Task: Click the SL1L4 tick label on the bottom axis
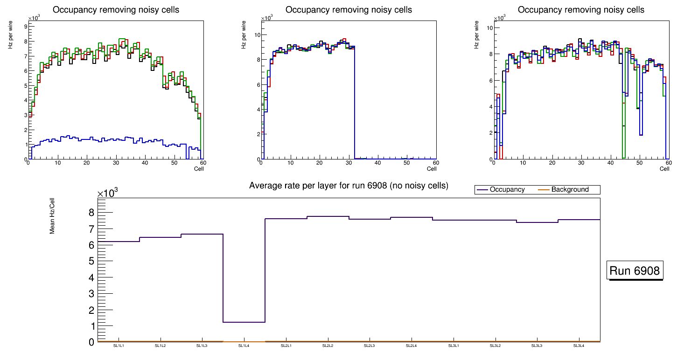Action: (x=244, y=346)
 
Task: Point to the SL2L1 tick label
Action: (x=286, y=346)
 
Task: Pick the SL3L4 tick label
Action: (x=579, y=346)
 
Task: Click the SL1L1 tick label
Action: (x=119, y=346)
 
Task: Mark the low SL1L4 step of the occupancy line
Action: (x=244, y=322)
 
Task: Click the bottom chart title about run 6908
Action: (x=349, y=186)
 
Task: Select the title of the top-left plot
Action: (x=116, y=10)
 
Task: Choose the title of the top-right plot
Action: (x=581, y=10)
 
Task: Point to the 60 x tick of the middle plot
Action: (x=436, y=163)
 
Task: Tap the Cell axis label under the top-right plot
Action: (x=664, y=169)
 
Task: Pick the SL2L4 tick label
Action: (x=411, y=346)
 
